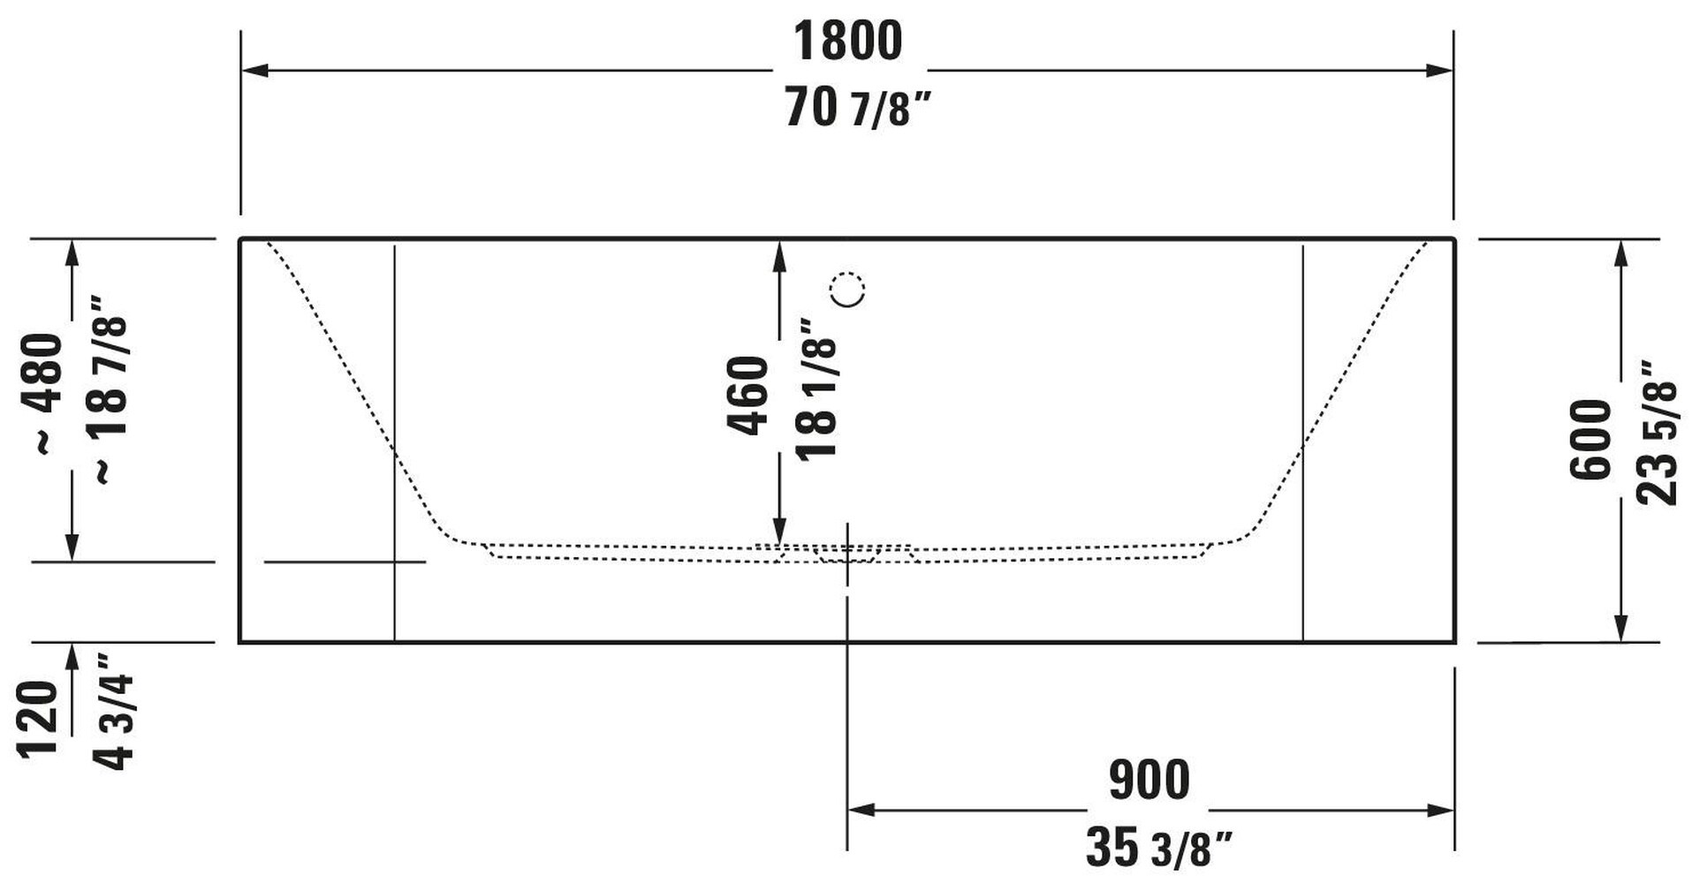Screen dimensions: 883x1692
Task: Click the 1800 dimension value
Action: point(847,41)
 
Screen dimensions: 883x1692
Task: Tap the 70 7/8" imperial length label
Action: point(857,109)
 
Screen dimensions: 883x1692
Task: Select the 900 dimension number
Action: point(1149,780)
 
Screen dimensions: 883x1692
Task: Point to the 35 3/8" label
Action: point(1157,848)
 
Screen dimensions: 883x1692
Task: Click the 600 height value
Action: point(1591,440)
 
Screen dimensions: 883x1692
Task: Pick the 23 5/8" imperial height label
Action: point(1656,433)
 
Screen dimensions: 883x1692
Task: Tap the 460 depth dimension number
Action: point(747,395)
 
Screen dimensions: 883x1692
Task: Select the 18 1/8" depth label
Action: point(816,389)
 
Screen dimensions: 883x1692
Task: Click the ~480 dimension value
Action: point(43,392)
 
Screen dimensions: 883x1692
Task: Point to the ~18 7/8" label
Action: point(110,389)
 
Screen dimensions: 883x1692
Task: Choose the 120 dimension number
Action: point(37,719)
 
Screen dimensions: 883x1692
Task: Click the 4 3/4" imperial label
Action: point(112,711)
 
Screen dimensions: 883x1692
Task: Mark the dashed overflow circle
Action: point(847,290)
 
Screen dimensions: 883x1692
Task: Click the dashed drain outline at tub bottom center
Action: point(846,555)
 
